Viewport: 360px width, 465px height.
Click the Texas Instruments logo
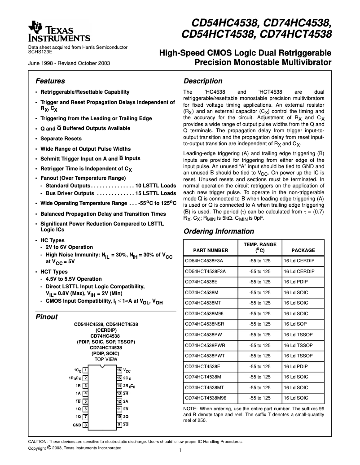click(59, 32)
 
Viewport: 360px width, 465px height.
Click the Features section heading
click(50, 81)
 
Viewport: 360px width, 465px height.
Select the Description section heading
click(203, 81)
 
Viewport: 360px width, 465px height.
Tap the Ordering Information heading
click(219, 231)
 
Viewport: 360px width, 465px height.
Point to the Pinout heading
click(46, 317)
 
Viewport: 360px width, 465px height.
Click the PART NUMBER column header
click(210, 250)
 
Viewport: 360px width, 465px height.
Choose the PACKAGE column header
click(303, 250)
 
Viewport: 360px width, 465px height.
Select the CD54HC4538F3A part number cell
click(204, 260)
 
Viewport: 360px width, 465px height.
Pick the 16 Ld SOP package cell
click(295, 324)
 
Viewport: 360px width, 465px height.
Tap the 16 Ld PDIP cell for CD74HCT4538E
click(296, 366)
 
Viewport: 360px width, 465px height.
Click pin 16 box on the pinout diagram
click(119, 370)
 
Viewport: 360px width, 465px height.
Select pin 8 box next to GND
click(85, 425)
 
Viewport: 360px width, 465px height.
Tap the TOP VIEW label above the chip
click(106, 359)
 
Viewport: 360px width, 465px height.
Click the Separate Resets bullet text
click(61, 139)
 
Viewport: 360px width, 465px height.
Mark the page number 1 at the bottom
click(180, 451)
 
